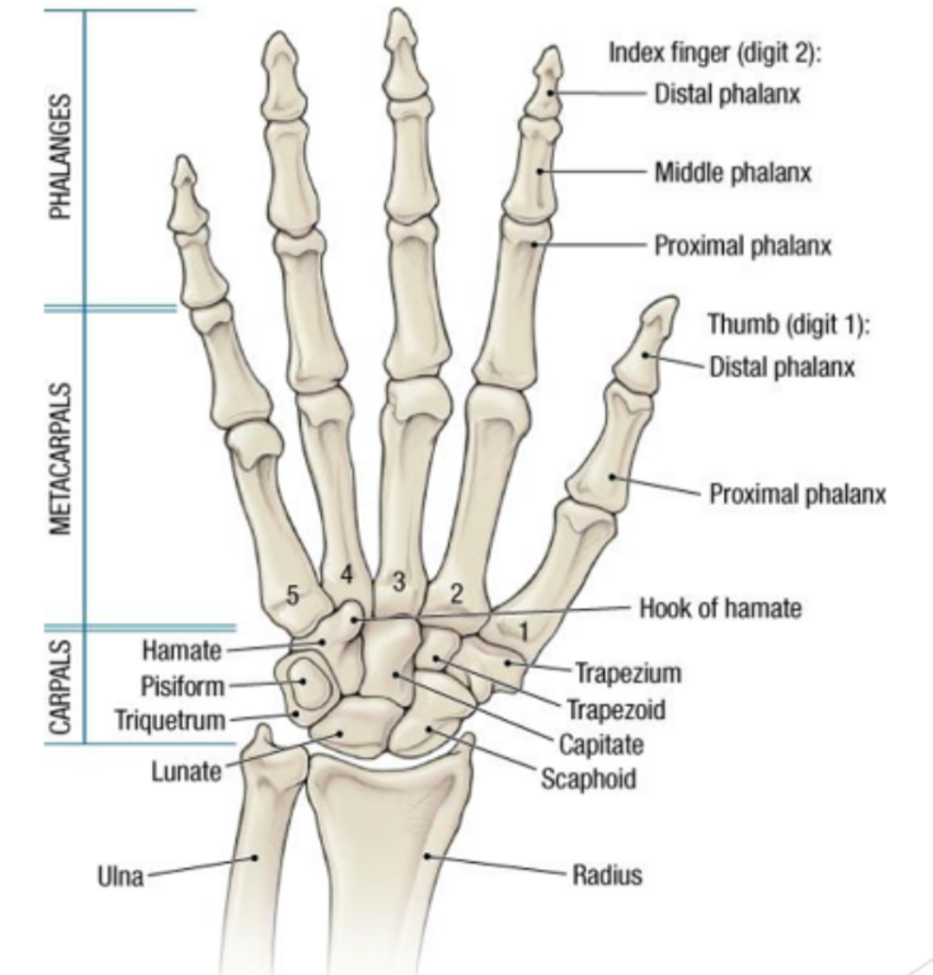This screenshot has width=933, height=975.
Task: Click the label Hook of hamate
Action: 719,608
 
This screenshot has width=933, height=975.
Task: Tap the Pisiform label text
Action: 183,686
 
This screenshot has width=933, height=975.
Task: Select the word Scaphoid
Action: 588,779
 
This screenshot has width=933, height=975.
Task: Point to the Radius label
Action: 607,875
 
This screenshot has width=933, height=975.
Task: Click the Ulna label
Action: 121,876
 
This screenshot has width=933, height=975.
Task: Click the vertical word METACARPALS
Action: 60,458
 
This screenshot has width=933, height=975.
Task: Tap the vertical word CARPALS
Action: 60,685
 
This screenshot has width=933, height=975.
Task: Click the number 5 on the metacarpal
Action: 292,595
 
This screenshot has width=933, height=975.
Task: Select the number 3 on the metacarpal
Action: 400,581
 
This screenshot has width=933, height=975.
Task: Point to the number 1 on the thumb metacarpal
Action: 523,633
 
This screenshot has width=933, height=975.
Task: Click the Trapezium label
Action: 628,673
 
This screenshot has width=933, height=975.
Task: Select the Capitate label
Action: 601,744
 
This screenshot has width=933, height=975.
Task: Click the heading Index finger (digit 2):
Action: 715,53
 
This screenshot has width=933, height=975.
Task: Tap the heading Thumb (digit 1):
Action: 788,323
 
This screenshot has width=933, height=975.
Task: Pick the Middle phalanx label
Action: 732,173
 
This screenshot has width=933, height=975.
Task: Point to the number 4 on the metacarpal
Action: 346,574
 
